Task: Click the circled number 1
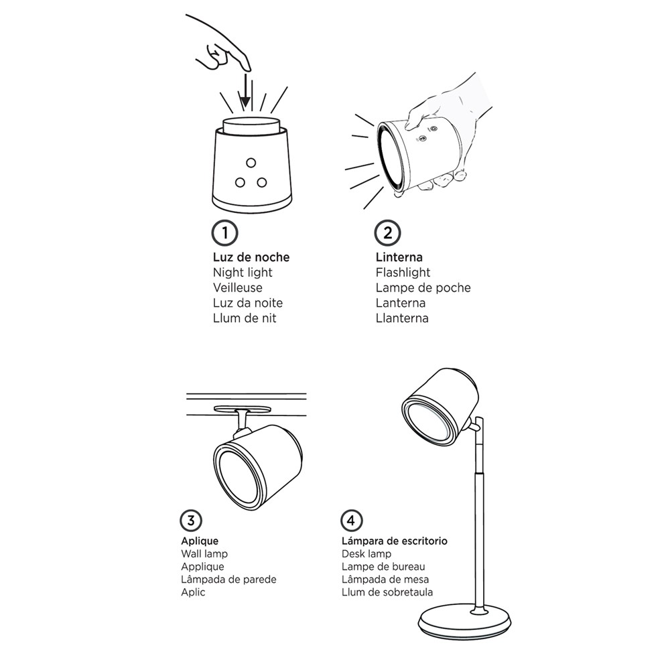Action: pos(224,233)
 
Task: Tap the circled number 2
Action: pos(387,233)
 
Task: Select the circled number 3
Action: pos(190,521)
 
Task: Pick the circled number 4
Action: pos(351,521)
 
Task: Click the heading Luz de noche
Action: pos(251,257)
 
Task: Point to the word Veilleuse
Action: pos(238,287)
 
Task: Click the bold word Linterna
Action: pos(399,257)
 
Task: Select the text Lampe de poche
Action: pos(423,287)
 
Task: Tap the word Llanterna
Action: pos(402,318)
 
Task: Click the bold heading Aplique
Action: pos(200,541)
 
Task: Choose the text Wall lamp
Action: pos(204,554)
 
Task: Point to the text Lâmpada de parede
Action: pos(228,580)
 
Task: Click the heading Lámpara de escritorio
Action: pos(395,541)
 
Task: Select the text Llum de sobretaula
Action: pos(387,592)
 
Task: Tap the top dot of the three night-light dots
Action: pos(251,163)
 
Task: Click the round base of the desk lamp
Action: pos(464,622)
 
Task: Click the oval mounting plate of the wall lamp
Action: pos(243,409)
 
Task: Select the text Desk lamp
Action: pos(366,554)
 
